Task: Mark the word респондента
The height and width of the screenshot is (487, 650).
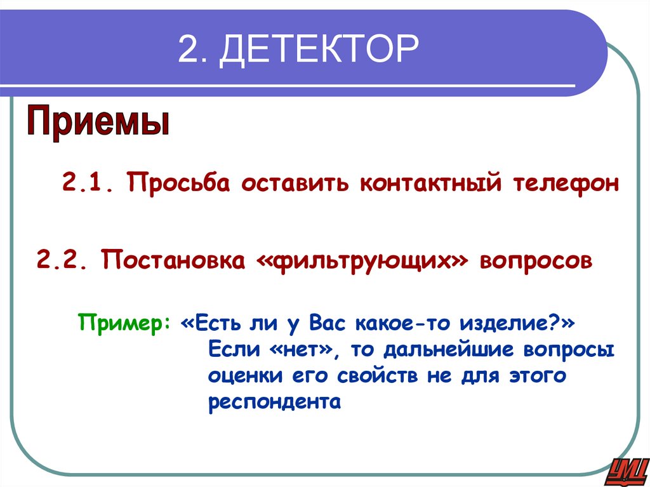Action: (275, 403)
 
